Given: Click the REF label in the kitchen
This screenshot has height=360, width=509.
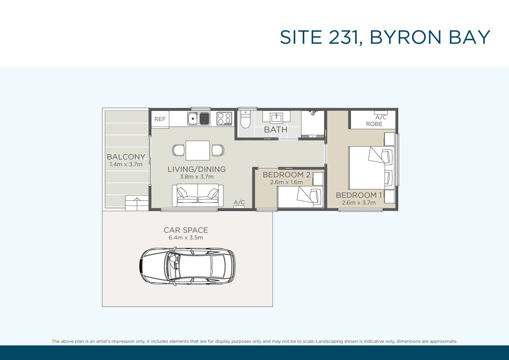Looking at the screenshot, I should tap(160, 119).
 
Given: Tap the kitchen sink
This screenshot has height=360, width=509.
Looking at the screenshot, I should tap(199, 119).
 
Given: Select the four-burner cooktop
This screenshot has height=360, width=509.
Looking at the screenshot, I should tap(224, 119).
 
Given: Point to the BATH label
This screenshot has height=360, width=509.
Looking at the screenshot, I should tap(276, 130).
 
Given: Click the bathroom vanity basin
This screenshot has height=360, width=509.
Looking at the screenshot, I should tap(276, 118).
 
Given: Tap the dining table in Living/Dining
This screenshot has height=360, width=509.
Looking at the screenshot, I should tap(197, 150).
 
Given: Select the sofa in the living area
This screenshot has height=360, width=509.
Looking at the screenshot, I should tap(197, 195).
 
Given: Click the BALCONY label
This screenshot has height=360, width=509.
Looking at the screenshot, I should tap(126, 157).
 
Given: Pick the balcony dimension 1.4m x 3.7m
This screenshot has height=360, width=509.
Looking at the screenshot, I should tap(126, 165).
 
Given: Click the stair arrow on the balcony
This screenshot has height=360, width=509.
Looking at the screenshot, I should tap(137, 203).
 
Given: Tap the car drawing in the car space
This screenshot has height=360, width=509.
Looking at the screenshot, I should tap(187, 266).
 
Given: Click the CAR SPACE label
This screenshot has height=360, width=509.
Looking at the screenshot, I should tap(186, 230).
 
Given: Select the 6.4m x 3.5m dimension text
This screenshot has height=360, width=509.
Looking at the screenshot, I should tap(186, 238).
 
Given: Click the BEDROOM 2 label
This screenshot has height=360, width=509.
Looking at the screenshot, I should tap(286, 175).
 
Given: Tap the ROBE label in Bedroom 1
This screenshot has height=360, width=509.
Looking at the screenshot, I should tap(374, 124).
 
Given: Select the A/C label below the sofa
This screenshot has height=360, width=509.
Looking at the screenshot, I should tap(239, 202).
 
